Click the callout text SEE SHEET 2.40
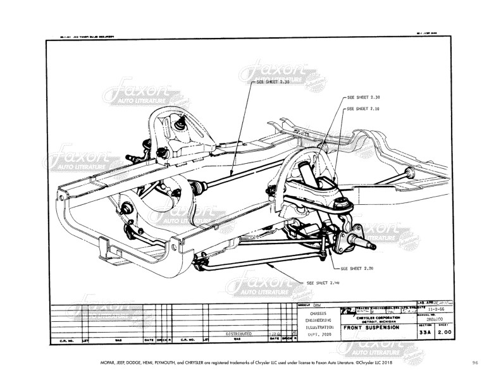[323, 283]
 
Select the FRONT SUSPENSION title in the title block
[371, 328]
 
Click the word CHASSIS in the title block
[318, 313]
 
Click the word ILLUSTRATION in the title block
[318, 327]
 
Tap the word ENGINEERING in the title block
[318, 320]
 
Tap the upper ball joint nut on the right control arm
[345, 203]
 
